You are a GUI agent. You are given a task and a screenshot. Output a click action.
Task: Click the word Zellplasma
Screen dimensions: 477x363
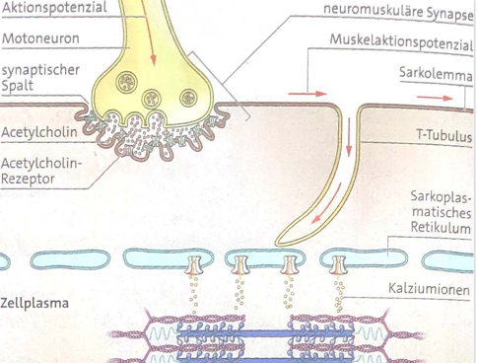pyautogui.click(x=34, y=303)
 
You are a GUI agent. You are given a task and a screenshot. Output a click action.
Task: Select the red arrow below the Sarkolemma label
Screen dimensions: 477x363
pyautogui.click(x=430, y=98)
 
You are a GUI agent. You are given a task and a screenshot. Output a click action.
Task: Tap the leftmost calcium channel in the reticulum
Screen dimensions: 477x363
pyautogui.click(x=193, y=267)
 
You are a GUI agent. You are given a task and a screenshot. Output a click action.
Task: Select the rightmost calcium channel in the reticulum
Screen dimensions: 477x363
pyautogui.click(x=338, y=266)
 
